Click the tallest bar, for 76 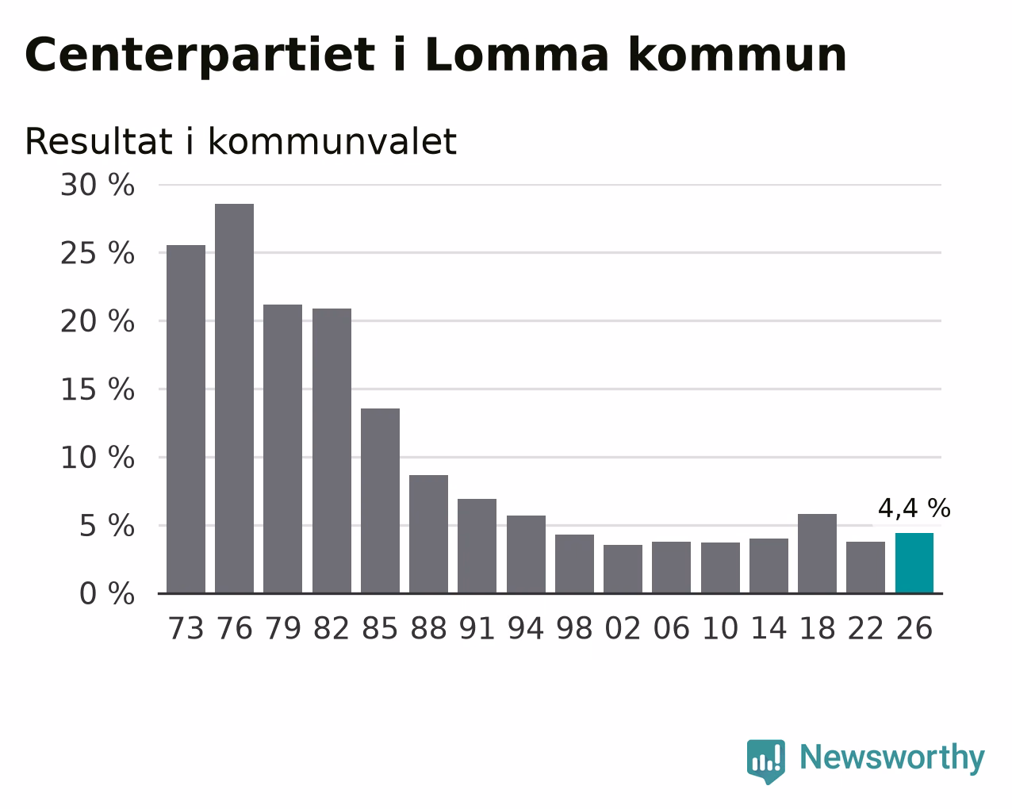click(234, 398)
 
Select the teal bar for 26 click(914, 563)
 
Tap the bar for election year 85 click(380, 501)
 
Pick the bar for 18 click(817, 554)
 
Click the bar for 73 click(186, 419)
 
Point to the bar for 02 click(623, 569)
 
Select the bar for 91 click(477, 546)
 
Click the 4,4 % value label click(914, 508)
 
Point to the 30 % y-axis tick click(98, 184)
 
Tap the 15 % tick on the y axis click(98, 389)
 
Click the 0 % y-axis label click(107, 593)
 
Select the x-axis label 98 click(574, 628)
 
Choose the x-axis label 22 click(865, 628)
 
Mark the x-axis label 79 click(282, 628)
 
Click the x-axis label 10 click(720, 628)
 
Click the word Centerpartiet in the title click(200, 56)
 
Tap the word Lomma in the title click(517, 54)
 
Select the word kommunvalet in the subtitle click(332, 140)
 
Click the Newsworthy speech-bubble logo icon click(765, 761)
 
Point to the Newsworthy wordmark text click(892, 758)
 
